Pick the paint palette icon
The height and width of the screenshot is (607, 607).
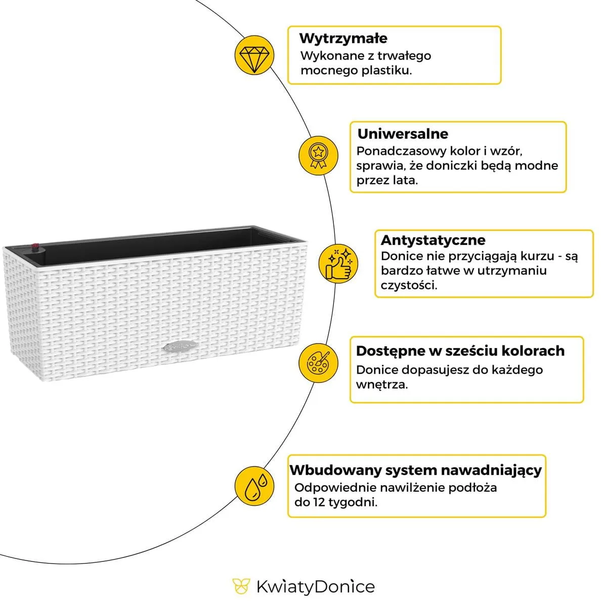tap(318, 363)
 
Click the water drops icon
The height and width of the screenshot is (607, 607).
tap(254, 486)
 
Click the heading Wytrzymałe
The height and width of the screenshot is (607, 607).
tap(343, 38)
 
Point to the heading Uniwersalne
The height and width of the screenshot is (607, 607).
tap(403, 134)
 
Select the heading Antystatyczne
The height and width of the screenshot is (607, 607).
tap(433, 240)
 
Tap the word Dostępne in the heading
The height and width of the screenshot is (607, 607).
tap(389, 351)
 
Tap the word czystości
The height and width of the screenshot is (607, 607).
tap(409, 285)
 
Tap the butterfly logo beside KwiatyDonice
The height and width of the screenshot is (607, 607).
tap(241, 586)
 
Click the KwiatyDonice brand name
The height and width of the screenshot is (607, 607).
tap(315, 587)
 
